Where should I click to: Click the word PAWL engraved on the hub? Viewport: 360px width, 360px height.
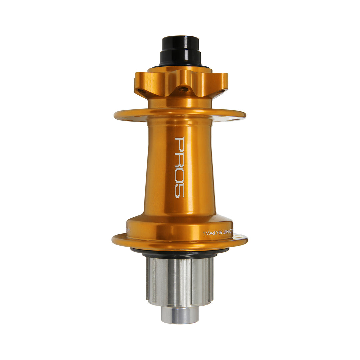[209, 232]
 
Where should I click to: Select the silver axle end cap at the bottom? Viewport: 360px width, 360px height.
[180, 314]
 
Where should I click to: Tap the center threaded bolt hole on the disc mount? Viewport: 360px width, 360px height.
[182, 89]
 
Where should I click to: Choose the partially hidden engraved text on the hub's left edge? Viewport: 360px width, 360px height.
[129, 229]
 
